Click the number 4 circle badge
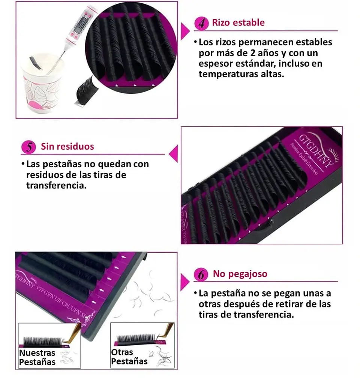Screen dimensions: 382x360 click(x=202, y=23)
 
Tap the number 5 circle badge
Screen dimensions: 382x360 click(x=28, y=147)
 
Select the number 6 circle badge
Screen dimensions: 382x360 click(x=202, y=275)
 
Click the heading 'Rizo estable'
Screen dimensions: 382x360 click(x=238, y=22)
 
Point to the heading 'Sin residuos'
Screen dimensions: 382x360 click(x=67, y=146)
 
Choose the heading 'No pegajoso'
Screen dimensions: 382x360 click(x=240, y=274)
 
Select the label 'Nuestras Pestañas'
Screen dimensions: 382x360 click(x=37, y=357)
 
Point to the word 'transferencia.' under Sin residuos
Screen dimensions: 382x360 click(x=56, y=185)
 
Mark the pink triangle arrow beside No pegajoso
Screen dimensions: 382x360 click(x=184, y=282)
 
